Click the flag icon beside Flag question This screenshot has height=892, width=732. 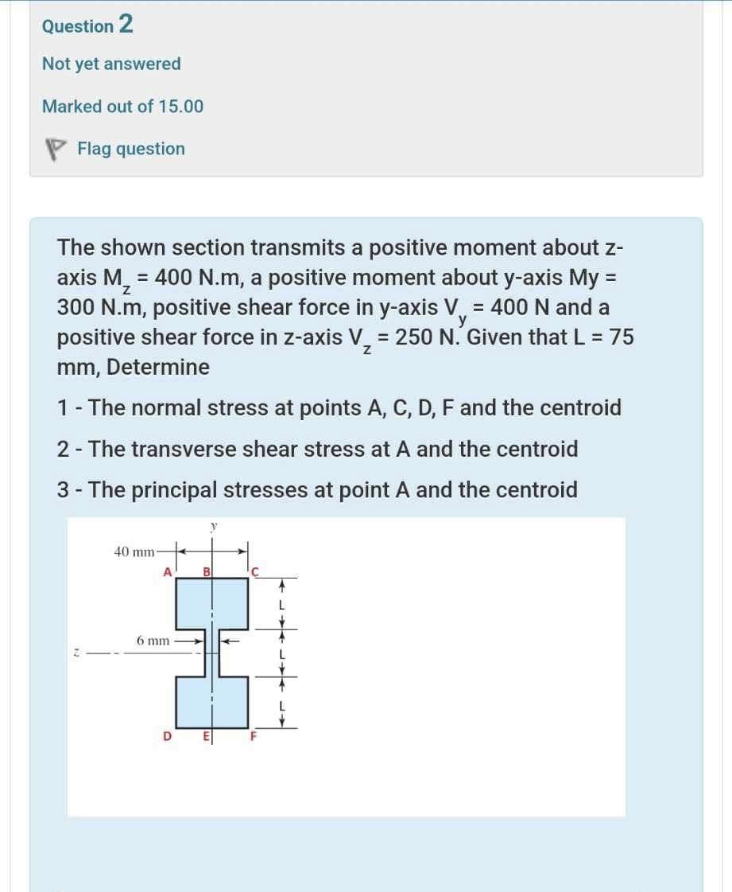pos(54,150)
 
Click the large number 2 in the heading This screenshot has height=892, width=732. pos(126,25)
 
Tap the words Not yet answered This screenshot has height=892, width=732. pos(111,64)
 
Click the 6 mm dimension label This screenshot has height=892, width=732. pos(153,639)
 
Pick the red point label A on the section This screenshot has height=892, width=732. pos(167,571)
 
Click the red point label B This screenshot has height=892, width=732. pos(207,571)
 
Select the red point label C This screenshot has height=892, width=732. pos(254,571)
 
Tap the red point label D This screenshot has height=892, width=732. pos(167,737)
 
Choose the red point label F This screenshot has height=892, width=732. pos(254,737)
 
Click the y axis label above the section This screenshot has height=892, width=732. pos(212,526)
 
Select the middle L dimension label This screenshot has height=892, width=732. pos(279,654)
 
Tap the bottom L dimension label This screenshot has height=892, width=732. pos(279,704)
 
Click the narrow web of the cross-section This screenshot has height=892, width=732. pos(211,653)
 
